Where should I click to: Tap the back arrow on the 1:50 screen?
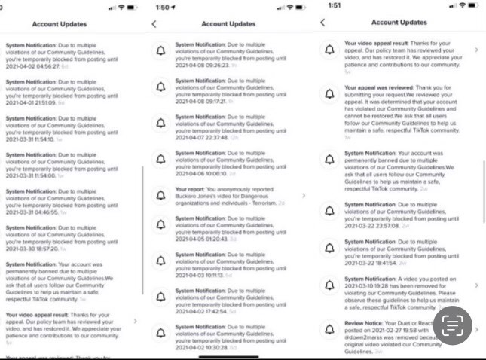pos(154,24)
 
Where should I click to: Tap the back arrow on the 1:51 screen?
pos(322,23)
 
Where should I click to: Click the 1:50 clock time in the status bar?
pos(168,6)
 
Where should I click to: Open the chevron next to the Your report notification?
pos(303,195)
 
